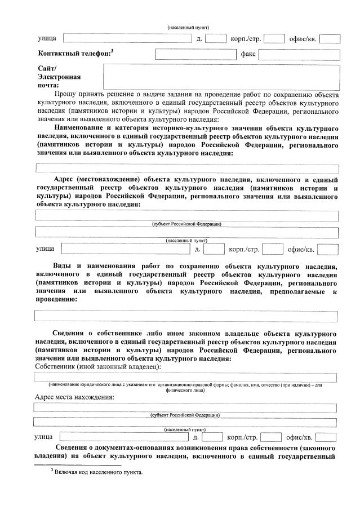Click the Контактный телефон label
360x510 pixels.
tap(73, 54)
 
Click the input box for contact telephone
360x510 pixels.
tap(195, 55)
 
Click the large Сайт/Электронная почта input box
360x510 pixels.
tap(221, 77)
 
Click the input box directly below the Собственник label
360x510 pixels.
tap(185, 377)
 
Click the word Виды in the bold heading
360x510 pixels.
tap(61, 265)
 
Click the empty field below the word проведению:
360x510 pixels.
tap(185, 316)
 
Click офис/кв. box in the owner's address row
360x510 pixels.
tap(326, 437)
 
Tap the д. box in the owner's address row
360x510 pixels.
tap(212, 437)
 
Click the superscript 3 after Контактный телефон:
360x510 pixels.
tap(112, 51)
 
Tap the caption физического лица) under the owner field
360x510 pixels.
tap(185, 389)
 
